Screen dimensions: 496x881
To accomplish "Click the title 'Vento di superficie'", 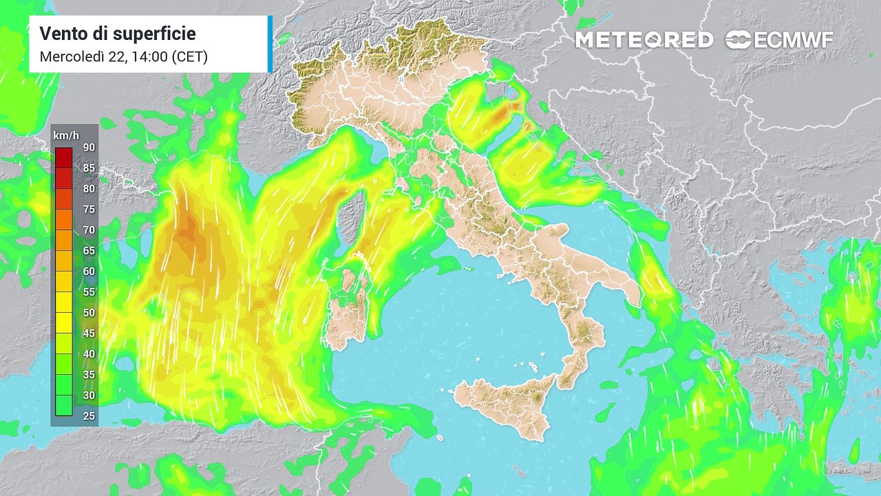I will point(118,33).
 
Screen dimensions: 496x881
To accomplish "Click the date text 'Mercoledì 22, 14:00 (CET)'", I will point(124,56).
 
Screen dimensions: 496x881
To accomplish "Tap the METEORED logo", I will point(644,40).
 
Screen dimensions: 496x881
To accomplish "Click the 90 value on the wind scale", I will point(89,147).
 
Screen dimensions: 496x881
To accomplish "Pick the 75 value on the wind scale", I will point(89,209).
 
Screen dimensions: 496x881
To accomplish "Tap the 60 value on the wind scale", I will point(89,271).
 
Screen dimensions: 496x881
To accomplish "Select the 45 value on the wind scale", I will point(89,333).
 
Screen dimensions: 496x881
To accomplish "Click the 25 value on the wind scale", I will point(89,416).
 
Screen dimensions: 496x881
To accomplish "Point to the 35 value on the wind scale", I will point(89,375).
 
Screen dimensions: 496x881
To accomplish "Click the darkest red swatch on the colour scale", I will point(64,157).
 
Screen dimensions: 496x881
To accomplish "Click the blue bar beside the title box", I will point(270,44).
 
